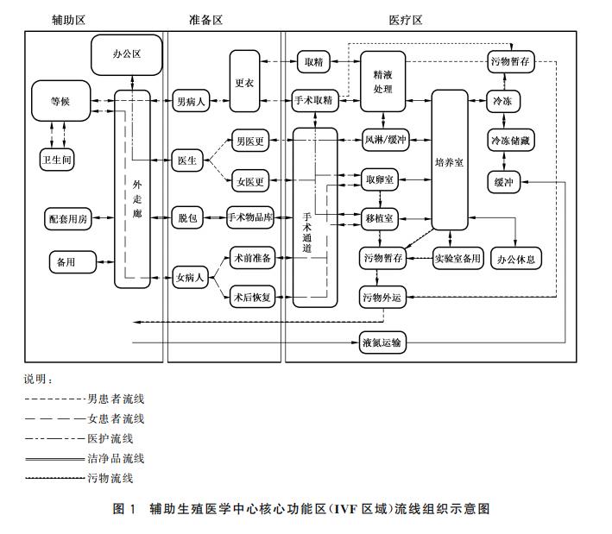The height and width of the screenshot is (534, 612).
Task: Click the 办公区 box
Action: click(x=127, y=53)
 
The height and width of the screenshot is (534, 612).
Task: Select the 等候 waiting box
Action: click(x=60, y=101)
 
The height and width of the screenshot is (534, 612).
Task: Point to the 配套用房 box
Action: click(x=69, y=218)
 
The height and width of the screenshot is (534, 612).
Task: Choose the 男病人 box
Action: click(x=190, y=101)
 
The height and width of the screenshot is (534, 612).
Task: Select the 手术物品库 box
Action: click(x=250, y=217)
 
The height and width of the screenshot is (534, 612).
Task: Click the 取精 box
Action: click(x=312, y=61)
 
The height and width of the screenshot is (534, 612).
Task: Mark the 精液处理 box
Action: click(x=382, y=81)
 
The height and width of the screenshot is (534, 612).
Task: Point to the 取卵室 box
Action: click(x=381, y=179)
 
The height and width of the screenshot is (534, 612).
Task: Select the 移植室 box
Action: click(x=381, y=218)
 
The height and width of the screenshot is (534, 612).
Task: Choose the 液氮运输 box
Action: click(x=381, y=343)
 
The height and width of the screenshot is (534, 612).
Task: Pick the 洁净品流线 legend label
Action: click(x=116, y=458)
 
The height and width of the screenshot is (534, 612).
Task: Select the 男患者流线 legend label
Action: click(x=116, y=399)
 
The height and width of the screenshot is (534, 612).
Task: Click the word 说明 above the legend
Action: click(x=38, y=379)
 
